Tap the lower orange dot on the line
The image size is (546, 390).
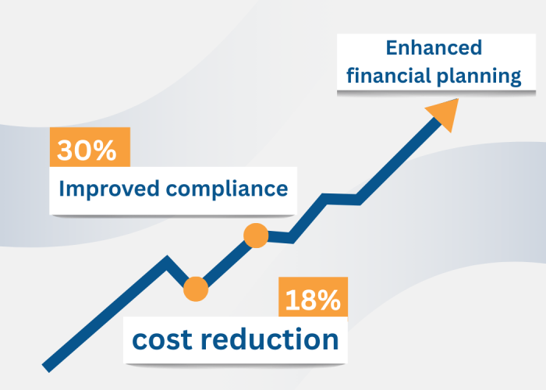click(195, 289)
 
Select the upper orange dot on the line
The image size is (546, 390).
click(256, 235)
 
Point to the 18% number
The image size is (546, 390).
click(311, 300)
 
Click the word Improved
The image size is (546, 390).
click(104, 189)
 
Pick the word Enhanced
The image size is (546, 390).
click(434, 48)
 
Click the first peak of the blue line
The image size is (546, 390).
click(166, 259)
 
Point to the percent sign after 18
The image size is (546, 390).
click(328, 300)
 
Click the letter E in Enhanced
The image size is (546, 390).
click(392, 48)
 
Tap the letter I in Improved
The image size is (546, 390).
click(62, 189)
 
